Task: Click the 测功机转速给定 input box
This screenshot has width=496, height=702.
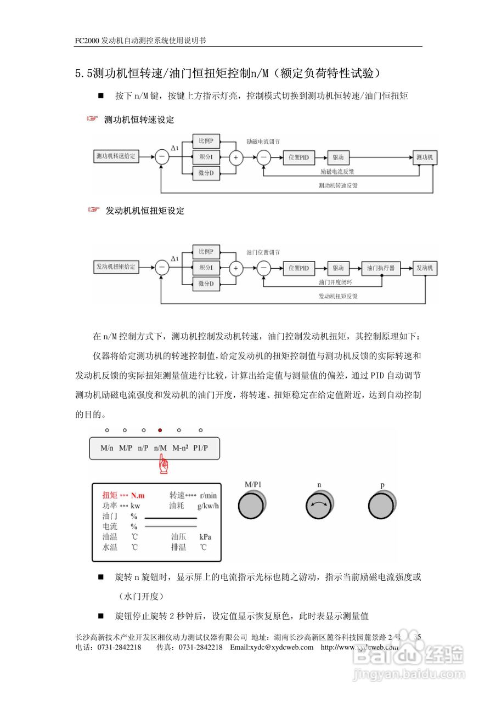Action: pos(115,157)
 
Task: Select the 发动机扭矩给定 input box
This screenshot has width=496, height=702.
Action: pos(115,267)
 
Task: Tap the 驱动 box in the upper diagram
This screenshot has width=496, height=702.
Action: pos(338,157)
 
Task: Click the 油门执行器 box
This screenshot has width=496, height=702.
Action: pos(381,268)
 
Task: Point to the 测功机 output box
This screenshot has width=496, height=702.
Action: pos(425,157)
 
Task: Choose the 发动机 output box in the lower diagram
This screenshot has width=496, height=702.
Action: pos(425,268)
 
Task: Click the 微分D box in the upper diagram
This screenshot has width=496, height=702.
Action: pos(206,174)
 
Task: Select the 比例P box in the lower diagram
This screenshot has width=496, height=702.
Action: pos(206,252)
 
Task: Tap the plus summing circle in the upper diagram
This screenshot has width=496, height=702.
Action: pos(236,157)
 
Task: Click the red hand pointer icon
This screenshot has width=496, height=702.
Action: pos(163,466)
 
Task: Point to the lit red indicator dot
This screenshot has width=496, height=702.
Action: pos(160,431)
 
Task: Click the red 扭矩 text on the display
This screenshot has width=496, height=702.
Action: pos(110,495)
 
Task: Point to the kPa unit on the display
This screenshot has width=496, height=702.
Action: pos(205,537)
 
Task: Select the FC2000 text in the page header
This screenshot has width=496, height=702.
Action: pos(88,41)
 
